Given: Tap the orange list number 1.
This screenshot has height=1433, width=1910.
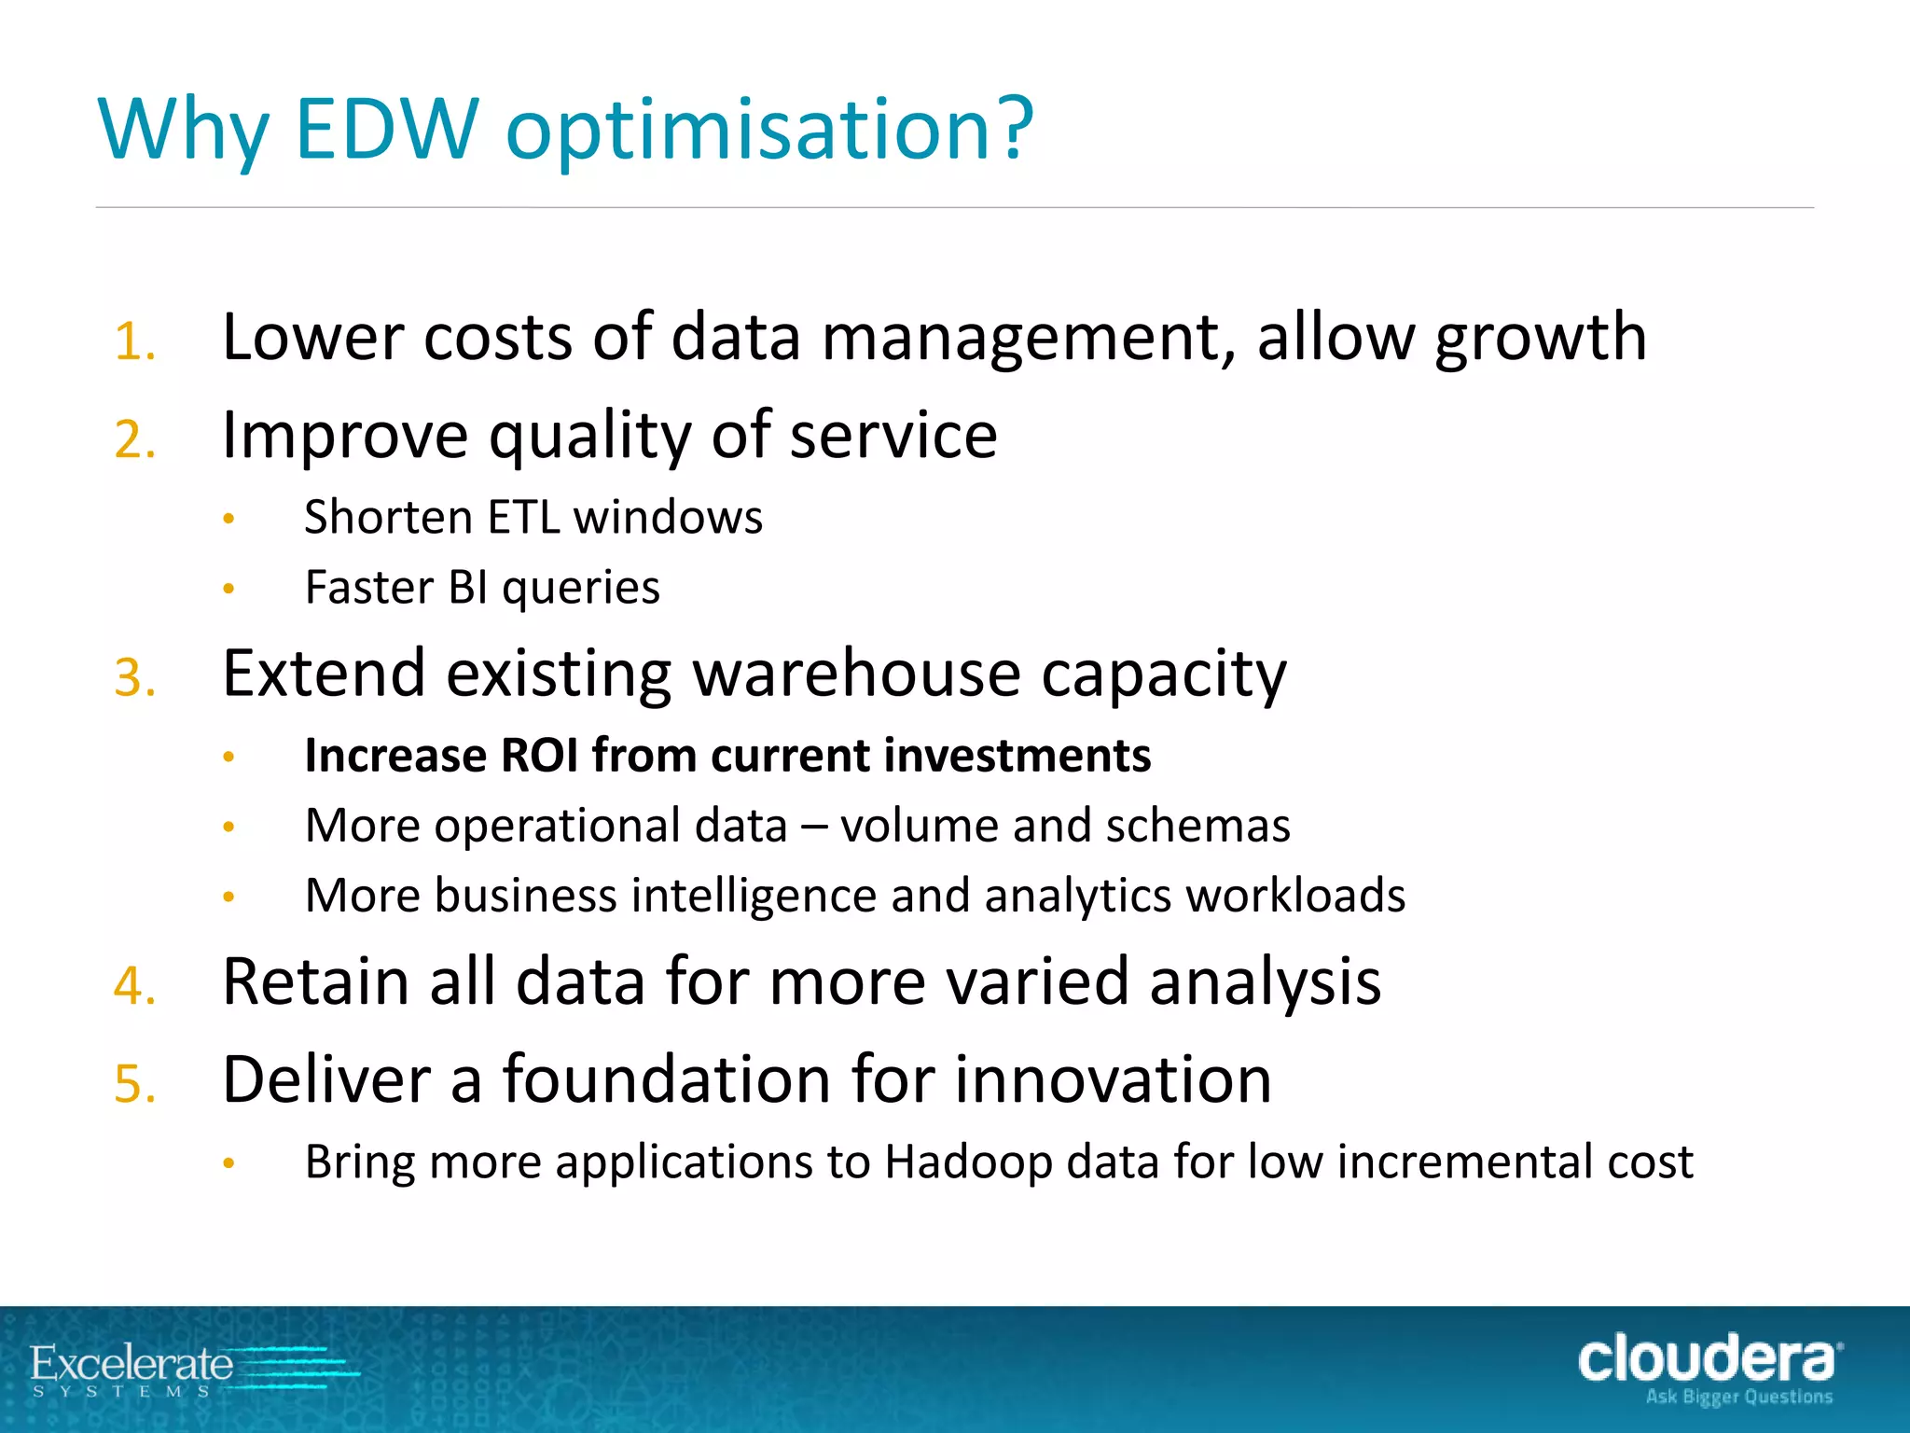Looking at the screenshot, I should [x=133, y=341].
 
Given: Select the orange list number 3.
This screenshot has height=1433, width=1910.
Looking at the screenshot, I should [x=133, y=678].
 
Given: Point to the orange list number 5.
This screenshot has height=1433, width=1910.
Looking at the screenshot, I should [x=133, y=1085].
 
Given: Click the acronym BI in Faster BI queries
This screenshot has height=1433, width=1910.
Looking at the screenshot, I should [x=468, y=588].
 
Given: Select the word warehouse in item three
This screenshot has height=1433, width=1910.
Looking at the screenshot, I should [x=856, y=674].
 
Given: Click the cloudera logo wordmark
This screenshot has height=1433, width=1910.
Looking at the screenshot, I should [x=1707, y=1359].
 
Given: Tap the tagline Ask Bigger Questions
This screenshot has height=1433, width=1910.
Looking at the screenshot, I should [x=1738, y=1398].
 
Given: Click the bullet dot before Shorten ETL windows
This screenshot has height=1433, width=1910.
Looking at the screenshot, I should [x=228, y=519].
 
